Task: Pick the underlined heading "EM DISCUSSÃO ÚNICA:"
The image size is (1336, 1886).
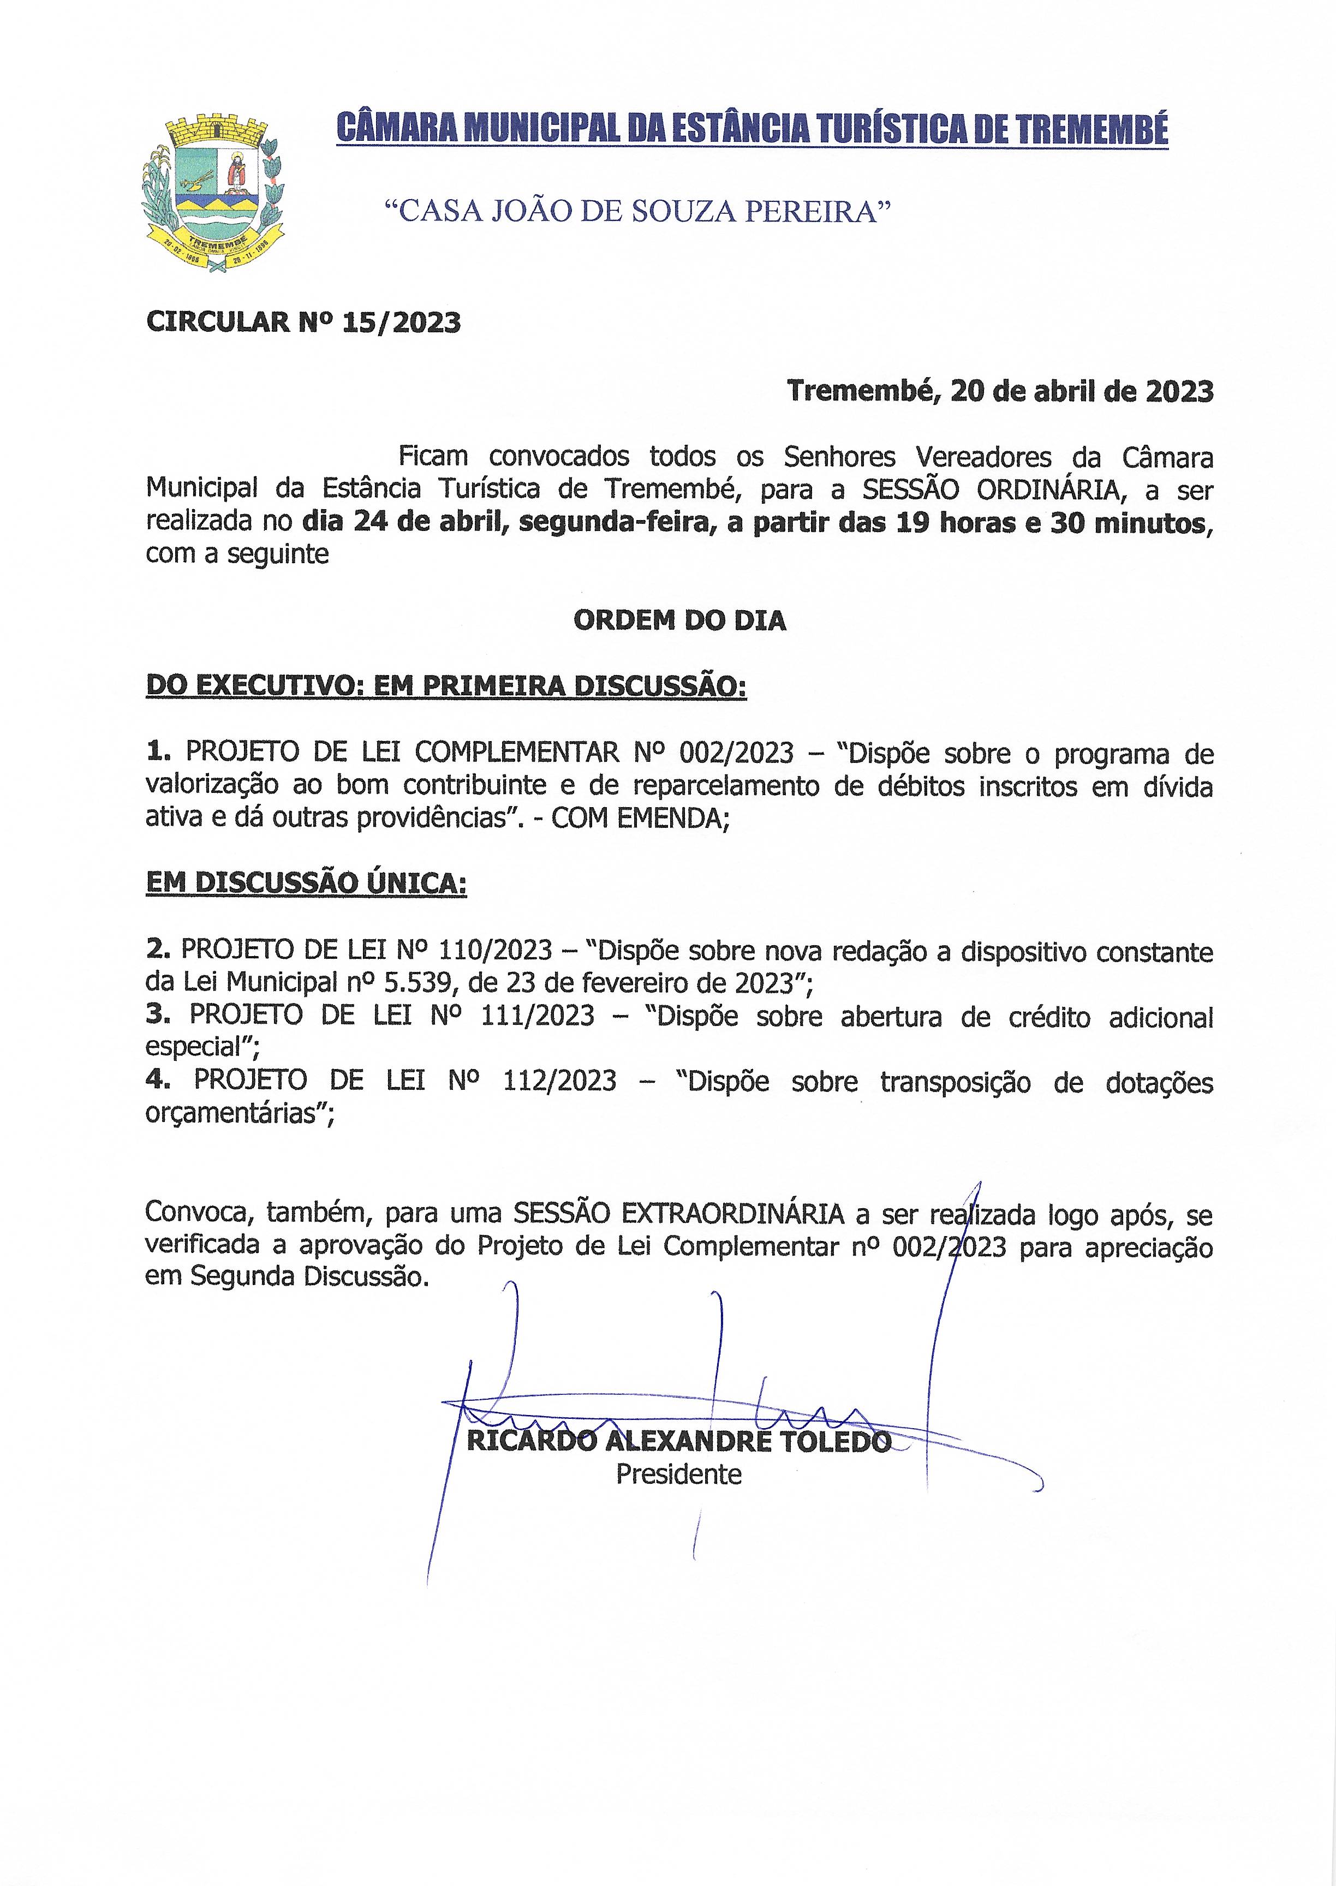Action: pos(306,884)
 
